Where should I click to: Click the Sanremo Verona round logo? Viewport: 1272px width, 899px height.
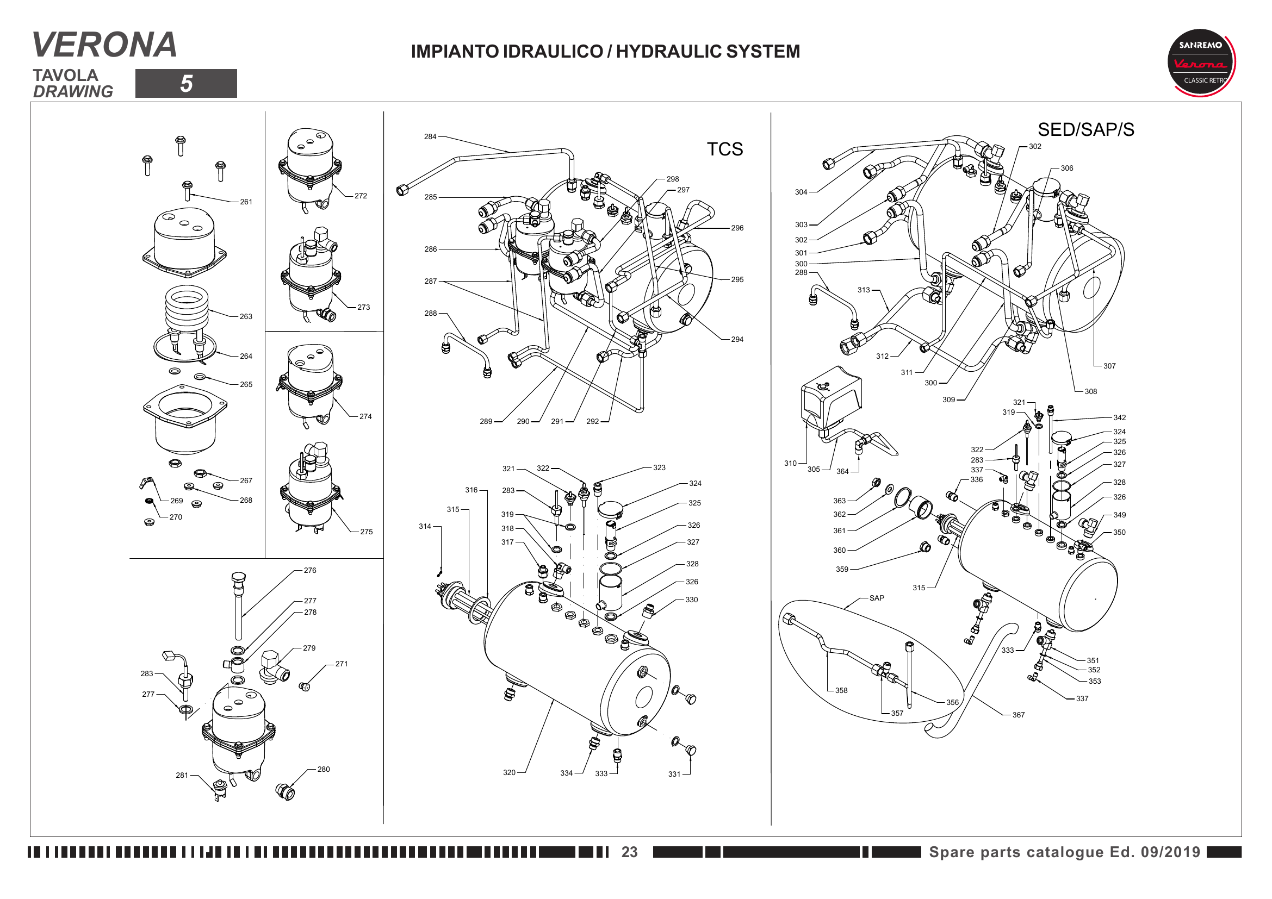pyautogui.click(x=1201, y=63)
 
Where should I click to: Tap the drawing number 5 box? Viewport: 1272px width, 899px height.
pyautogui.click(x=185, y=84)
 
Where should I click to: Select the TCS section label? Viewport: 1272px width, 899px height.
pyautogui.click(x=724, y=149)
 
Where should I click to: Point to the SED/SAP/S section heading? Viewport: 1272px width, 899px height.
pyautogui.click(x=1085, y=129)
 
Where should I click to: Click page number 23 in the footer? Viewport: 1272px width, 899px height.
pyautogui.click(x=629, y=851)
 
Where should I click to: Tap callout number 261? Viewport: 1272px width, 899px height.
pyautogui.click(x=246, y=202)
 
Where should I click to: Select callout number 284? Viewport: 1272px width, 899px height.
pyautogui.click(x=430, y=137)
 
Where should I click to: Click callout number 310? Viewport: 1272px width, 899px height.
pyautogui.click(x=790, y=463)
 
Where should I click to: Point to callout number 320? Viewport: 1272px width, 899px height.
pyautogui.click(x=509, y=772)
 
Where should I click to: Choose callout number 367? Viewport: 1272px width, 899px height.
pyautogui.click(x=1018, y=715)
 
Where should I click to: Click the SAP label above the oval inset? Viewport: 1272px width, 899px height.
pyautogui.click(x=877, y=598)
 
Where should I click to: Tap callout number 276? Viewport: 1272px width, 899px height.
pyautogui.click(x=309, y=570)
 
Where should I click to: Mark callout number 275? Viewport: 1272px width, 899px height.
pyautogui.click(x=366, y=532)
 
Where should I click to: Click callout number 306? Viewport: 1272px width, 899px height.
pyautogui.click(x=1066, y=168)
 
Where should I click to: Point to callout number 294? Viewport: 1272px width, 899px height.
pyautogui.click(x=737, y=339)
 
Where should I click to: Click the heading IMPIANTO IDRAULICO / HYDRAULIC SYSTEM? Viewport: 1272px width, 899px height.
pyautogui.click(x=605, y=52)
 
